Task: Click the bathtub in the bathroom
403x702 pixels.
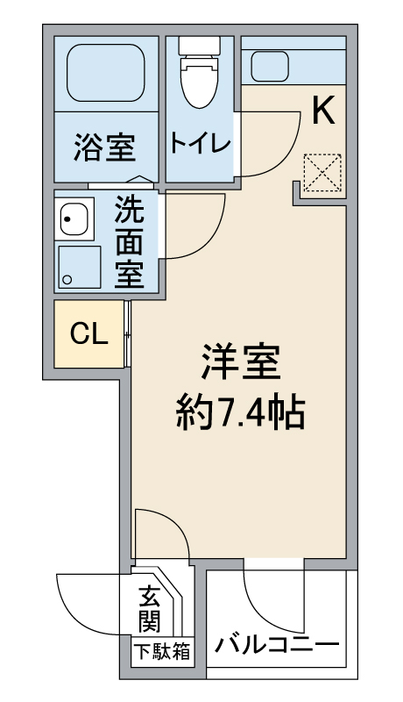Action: [106, 73]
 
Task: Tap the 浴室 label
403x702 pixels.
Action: [105, 147]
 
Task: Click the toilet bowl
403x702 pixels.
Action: [199, 73]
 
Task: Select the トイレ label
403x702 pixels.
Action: [200, 143]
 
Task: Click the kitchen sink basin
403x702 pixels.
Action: [270, 67]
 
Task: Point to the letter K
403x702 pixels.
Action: [323, 111]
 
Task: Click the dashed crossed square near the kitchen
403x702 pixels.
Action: [322, 173]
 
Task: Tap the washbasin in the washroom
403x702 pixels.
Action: [74, 218]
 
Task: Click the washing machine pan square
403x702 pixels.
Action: [80, 267]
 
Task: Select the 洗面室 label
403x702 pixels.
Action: [129, 242]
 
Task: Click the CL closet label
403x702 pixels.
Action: [89, 333]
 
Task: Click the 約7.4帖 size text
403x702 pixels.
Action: [240, 412]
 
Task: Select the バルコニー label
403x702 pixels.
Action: [277, 645]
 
